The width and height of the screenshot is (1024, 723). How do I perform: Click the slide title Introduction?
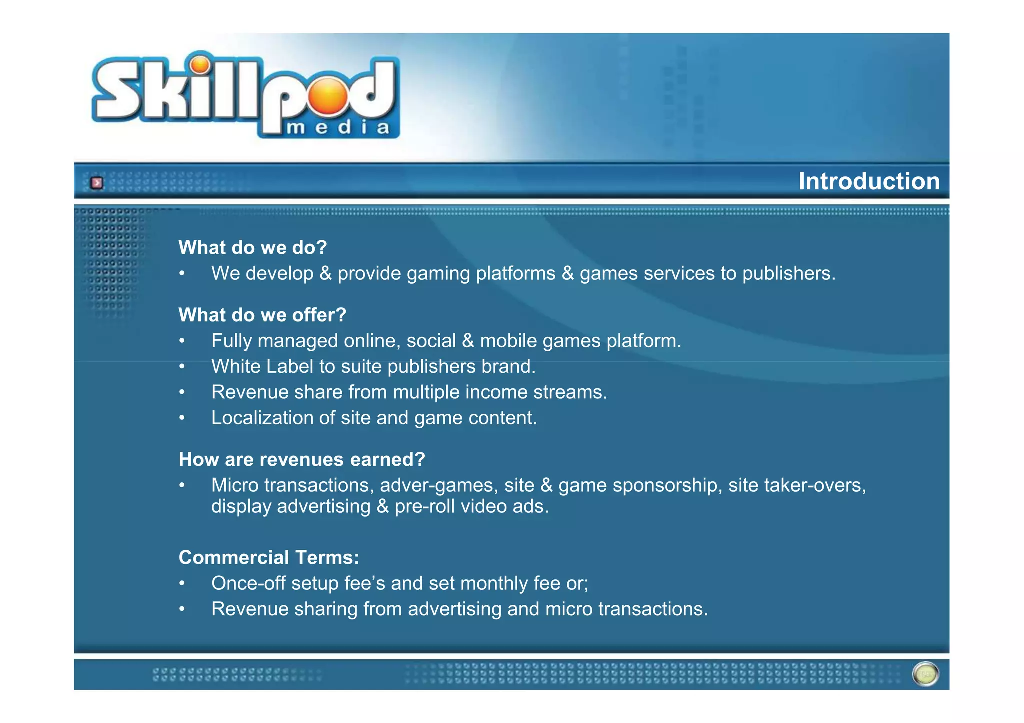pos(868,181)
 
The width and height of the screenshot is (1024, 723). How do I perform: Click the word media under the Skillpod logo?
pos(338,128)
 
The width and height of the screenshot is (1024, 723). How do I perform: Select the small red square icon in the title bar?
pos(97,183)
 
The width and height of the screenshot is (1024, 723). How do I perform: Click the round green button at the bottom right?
pos(925,674)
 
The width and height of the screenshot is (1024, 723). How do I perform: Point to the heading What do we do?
pos(252,247)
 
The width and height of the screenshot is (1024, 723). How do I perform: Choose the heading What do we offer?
pos(262,315)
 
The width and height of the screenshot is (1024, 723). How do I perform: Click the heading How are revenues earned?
pos(302,459)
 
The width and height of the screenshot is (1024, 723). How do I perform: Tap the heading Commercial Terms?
pos(269,557)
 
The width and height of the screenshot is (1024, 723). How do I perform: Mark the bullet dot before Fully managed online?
pos(182,341)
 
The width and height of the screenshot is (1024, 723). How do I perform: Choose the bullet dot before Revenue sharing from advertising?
pos(182,609)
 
